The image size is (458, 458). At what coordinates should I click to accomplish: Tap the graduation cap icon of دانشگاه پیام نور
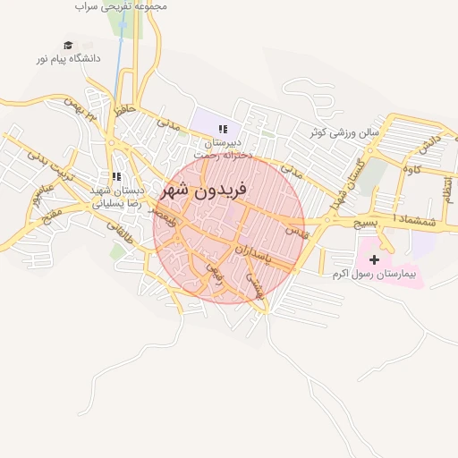coord(67,45)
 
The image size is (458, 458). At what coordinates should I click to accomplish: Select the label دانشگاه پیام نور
coord(68,58)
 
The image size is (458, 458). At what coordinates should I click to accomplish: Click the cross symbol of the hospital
coord(374,259)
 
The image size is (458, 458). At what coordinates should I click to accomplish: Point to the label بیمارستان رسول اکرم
coord(375,273)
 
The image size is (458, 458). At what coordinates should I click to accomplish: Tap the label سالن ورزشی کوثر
coord(343,133)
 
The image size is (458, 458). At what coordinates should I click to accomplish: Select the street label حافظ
coord(124,112)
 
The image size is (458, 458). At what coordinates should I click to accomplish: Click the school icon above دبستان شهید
coord(116,176)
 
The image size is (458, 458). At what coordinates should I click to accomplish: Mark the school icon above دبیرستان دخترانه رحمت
coord(223,130)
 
